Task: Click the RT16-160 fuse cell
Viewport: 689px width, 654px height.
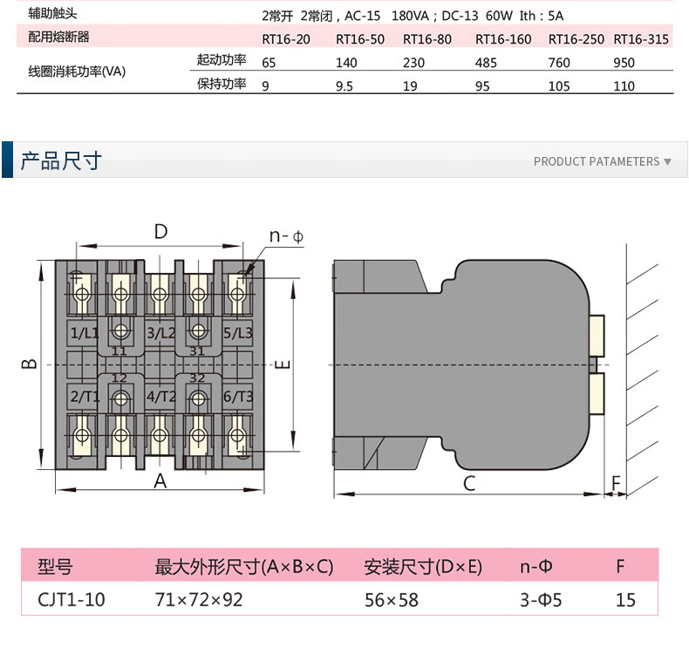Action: (x=503, y=39)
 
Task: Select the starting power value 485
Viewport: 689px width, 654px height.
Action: (x=486, y=63)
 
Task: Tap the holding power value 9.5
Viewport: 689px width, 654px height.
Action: (x=344, y=86)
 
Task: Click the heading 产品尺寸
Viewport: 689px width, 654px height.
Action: (x=61, y=160)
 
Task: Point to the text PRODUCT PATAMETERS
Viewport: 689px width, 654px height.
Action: (x=597, y=161)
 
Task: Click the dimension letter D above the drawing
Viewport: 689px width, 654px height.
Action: (x=160, y=231)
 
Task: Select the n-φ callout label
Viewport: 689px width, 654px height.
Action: (x=286, y=236)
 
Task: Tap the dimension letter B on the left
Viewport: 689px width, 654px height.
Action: (x=30, y=364)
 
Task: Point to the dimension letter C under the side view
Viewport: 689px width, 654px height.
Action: (x=469, y=483)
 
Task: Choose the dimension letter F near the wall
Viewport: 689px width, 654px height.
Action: (x=616, y=484)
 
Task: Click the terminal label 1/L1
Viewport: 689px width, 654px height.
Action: (x=85, y=333)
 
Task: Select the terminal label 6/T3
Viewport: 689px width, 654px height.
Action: (x=238, y=397)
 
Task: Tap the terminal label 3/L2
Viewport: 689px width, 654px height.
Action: (x=160, y=333)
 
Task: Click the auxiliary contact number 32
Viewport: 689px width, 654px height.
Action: (x=197, y=378)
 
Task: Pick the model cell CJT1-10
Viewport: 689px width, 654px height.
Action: (x=72, y=600)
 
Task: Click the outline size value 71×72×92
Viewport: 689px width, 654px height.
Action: (x=199, y=600)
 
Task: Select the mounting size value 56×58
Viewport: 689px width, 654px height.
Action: (x=392, y=600)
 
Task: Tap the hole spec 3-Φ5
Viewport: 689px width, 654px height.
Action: (x=541, y=600)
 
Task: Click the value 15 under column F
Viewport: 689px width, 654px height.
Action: (x=625, y=600)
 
